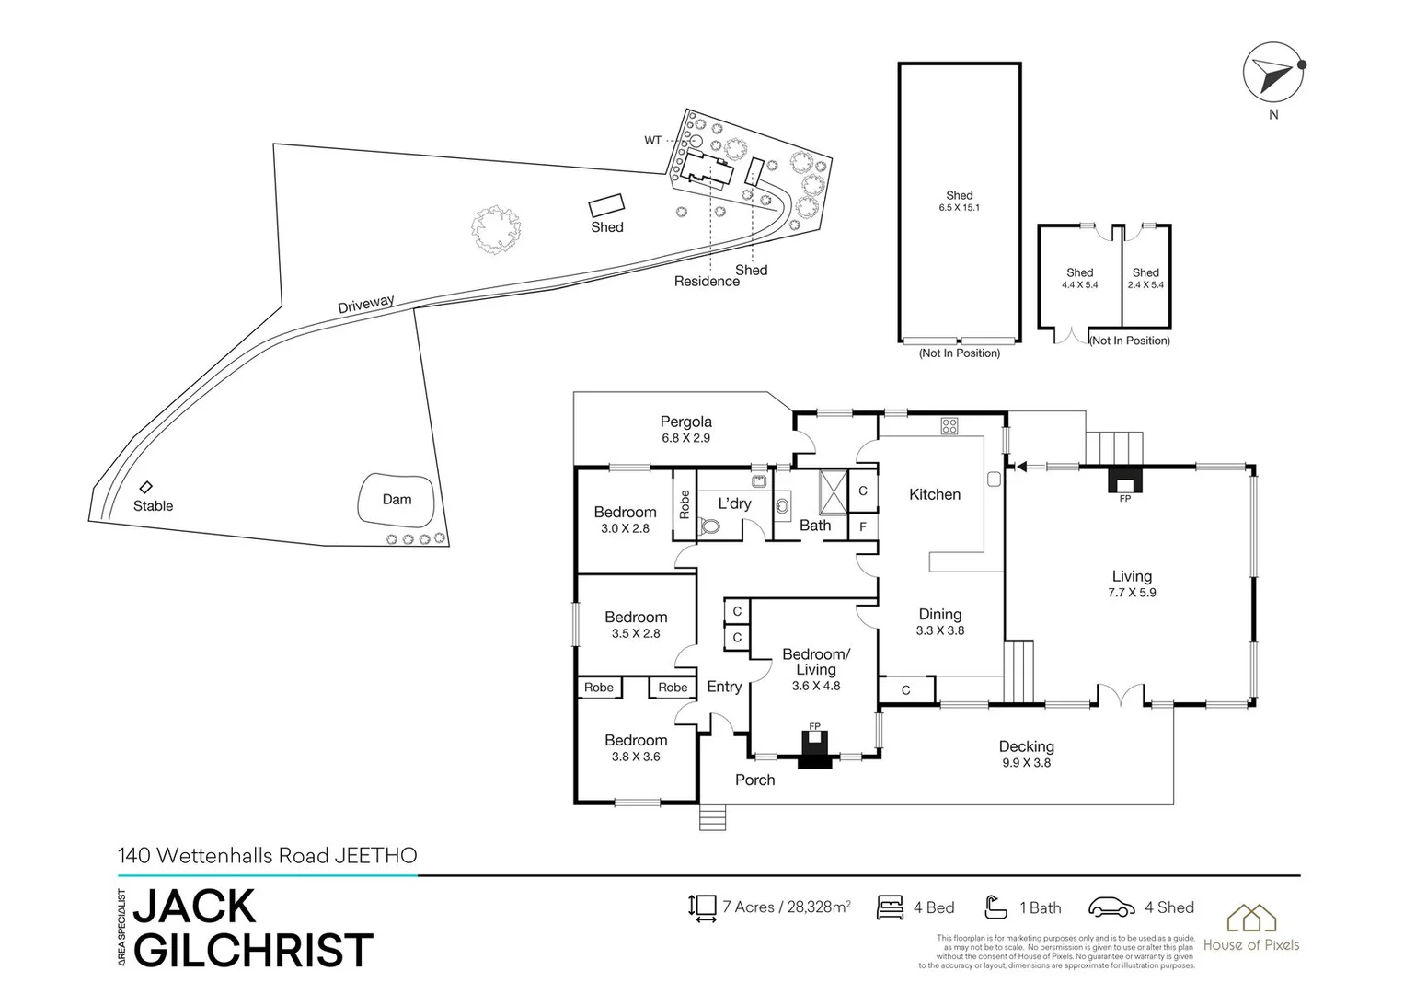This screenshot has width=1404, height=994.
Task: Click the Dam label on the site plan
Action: pyautogui.click(x=397, y=500)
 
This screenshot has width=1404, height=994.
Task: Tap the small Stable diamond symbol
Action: pyautogui.click(x=145, y=487)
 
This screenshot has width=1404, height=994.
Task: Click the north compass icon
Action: pyautogui.click(x=1272, y=73)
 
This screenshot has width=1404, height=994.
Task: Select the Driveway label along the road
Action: pyautogui.click(x=365, y=305)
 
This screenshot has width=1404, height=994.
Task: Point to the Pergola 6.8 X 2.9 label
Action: pyautogui.click(x=685, y=430)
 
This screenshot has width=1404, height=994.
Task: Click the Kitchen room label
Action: pyautogui.click(x=934, y=494)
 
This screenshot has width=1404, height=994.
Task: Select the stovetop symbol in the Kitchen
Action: pyautogui.click(x=949, y=425)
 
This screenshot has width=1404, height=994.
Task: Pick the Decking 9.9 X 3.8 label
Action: pyautogui.click(x=1026, y=754)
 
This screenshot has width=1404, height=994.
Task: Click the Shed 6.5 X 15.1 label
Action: pyautogui.click(x=959, y=201)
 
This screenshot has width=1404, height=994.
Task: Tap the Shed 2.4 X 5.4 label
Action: pyautogui.click(x=1145, y=278)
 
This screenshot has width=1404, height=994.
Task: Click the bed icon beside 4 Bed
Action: pyautogui.click(x=890, y=907)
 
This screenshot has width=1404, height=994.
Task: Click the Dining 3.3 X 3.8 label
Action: pyautogui.click(x=939, y=621)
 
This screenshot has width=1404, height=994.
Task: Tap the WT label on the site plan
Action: pyautogui.click(x=652, y=141)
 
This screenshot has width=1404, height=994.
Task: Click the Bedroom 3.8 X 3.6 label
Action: pyautogui.click(x=636, y=747)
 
